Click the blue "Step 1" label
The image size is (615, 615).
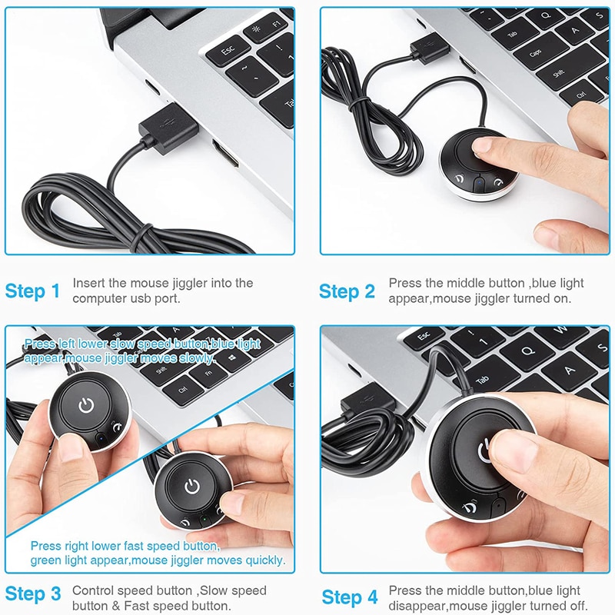32,291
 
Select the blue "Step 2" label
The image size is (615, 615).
347,291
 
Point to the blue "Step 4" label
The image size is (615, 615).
350,597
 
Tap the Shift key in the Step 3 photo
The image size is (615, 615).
162,369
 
